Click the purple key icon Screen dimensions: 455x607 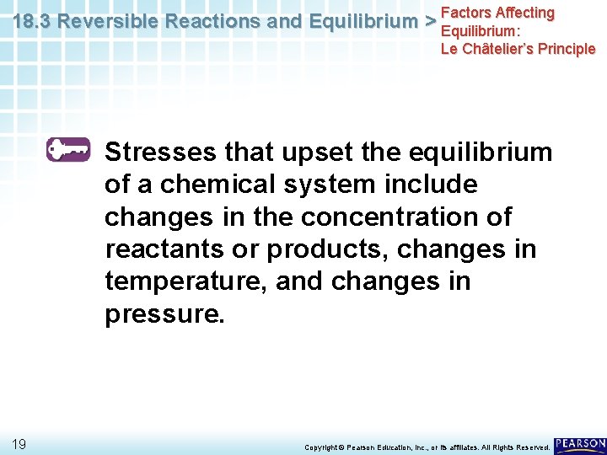[x=68, y=149]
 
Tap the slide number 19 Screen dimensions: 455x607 [x=19, y=444]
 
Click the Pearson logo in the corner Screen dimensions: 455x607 [x=580, y=444]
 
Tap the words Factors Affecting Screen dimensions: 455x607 [x=497, y=13]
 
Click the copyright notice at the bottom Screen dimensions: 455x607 [x=427, y=447]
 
